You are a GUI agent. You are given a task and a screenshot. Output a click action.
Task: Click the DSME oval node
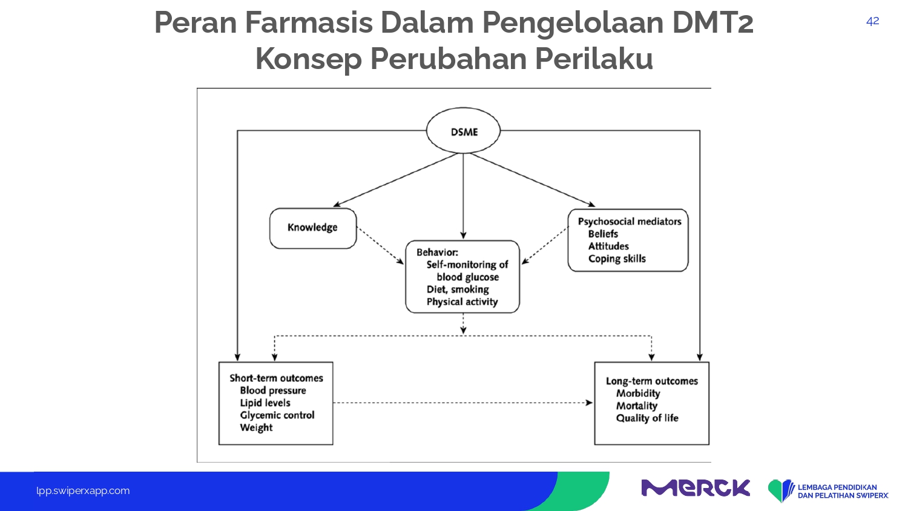tap(463, 131)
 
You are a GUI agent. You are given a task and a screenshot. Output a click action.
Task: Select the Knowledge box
tap(313, 228)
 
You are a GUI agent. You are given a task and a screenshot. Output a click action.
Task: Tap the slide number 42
tap(872, 21)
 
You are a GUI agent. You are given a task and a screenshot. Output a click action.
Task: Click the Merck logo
tap(696, 488)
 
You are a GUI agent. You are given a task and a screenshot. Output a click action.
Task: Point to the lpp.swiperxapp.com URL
tap(83, 491)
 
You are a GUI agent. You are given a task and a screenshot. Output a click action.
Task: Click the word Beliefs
tap(603, 234)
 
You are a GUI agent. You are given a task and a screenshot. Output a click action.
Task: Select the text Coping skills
tap(617, 259)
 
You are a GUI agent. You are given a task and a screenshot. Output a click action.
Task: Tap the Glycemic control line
tap(277, 415)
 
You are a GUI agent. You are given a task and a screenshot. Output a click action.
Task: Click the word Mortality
tap(637, 406)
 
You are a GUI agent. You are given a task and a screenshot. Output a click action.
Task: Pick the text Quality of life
tap(647, 418)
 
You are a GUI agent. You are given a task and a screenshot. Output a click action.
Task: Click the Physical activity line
tap(462, 302)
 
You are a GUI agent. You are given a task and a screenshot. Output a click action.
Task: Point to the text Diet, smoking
tap(458, 289)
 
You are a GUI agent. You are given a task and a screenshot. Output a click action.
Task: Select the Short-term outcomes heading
tap(277, 378)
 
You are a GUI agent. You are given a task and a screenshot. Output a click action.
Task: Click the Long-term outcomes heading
tap(652, 381)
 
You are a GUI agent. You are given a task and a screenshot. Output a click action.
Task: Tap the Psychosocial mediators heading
tap(630, 222)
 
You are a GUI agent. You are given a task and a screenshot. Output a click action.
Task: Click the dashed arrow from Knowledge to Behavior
tap(380, 246)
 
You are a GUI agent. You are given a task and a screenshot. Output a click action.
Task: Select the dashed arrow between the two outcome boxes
tap(463, 403)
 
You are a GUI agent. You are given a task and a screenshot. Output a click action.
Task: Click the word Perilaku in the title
tap(594, 59)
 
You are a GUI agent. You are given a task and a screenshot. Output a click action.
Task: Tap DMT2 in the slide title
tap(712, 23)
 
